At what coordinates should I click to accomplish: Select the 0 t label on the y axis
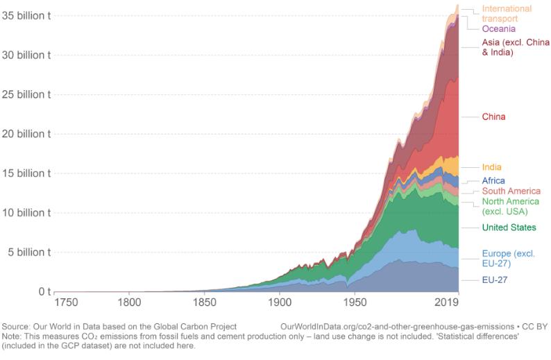[43, 291]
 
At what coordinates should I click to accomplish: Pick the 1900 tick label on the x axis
[279, 303]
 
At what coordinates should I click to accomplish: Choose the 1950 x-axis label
[355, 303]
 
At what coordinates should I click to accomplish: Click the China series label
[494, 117]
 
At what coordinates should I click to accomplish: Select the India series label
[491, 167]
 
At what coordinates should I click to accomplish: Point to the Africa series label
[493, 180]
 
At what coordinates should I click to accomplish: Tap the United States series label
[509, 228]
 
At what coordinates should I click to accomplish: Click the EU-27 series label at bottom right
[495, 280]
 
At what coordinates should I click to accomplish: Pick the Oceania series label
[498, 29]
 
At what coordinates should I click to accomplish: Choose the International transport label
[507, 14]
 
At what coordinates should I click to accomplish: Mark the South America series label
[510, 191]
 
